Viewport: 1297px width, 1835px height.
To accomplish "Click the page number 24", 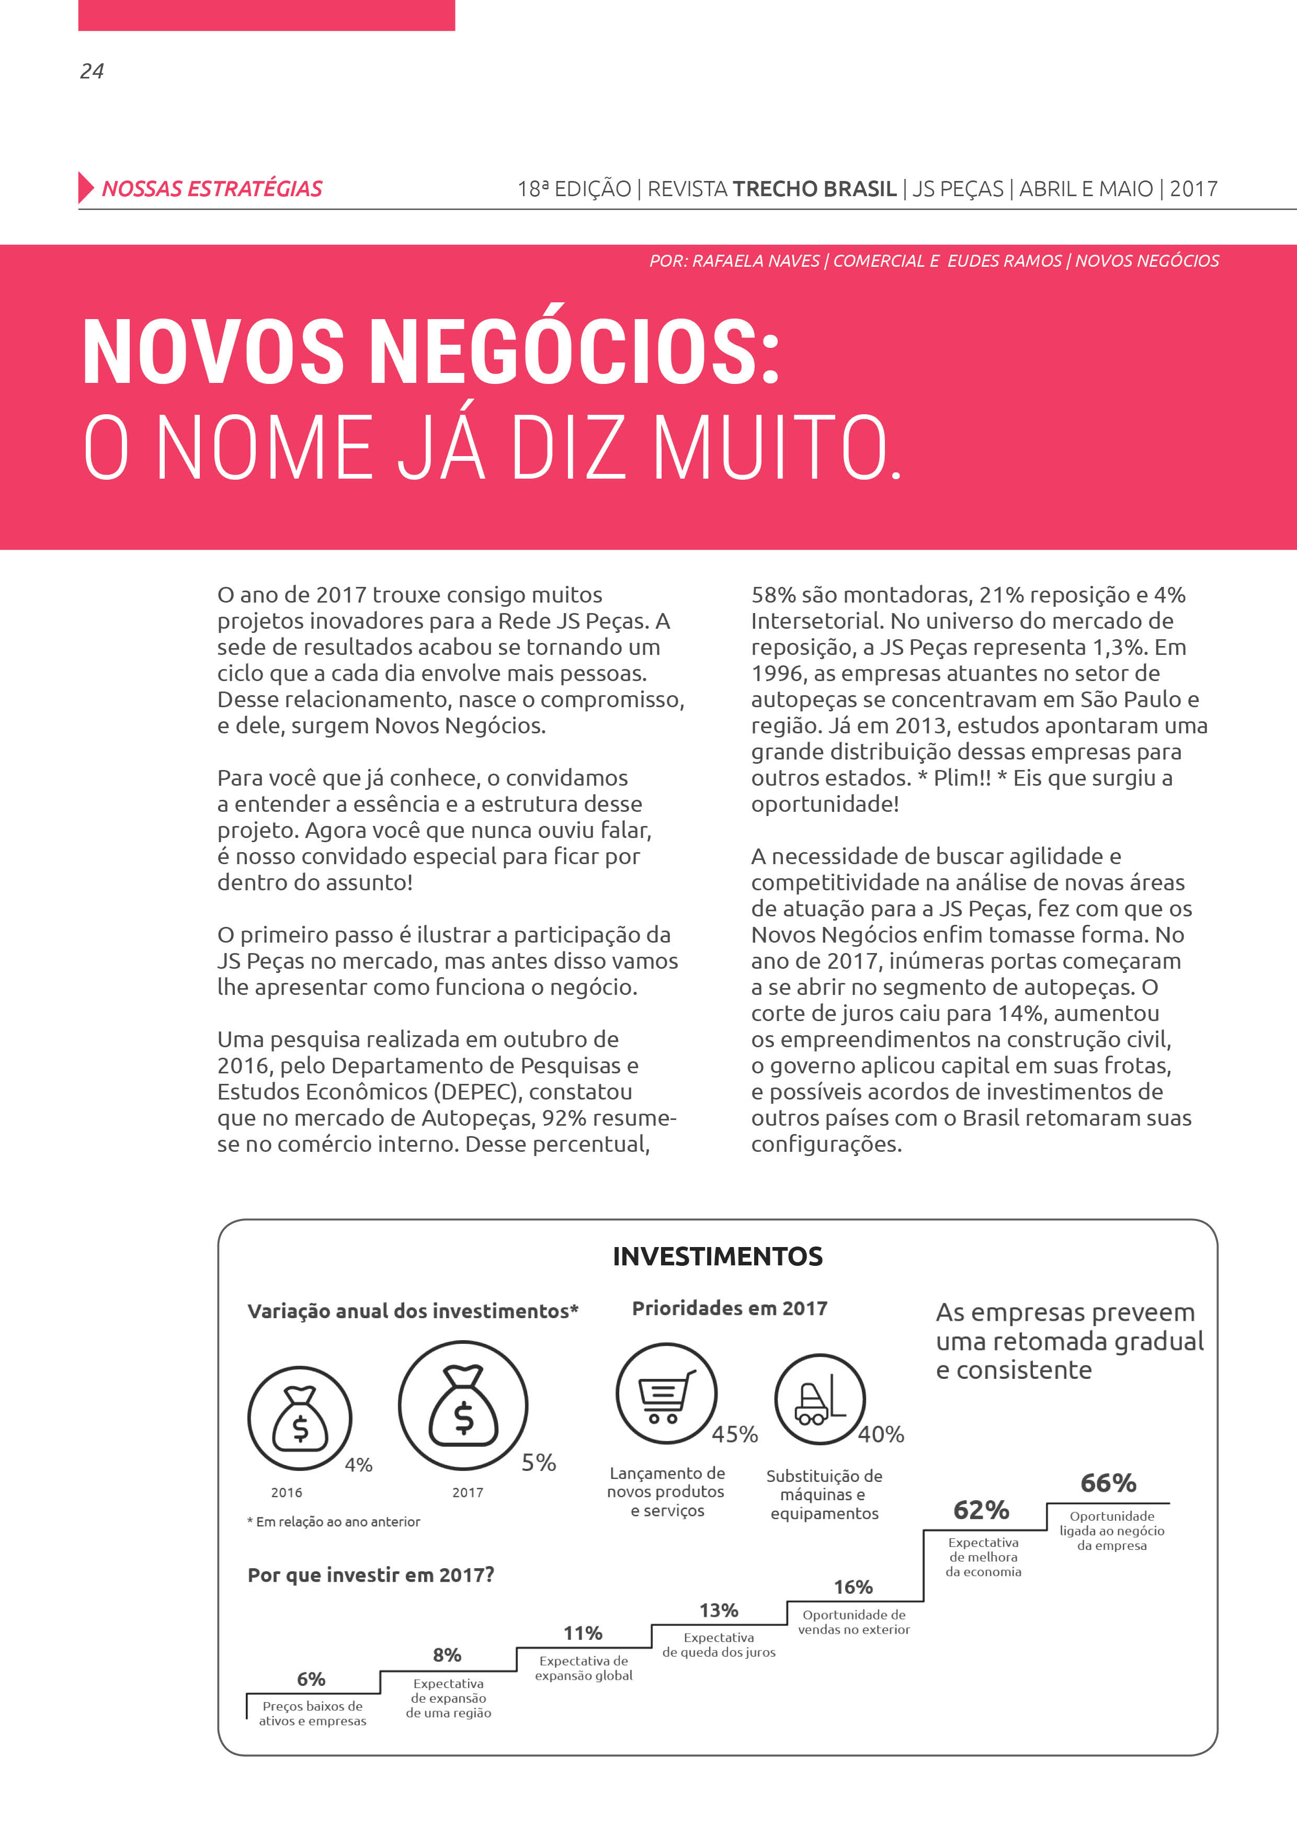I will point(92,71).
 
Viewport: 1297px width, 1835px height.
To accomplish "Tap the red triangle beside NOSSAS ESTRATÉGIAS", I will point(85,188).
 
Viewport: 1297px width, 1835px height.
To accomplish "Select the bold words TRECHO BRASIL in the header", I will point(814,189).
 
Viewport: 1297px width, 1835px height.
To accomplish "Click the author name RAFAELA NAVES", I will point(755,260).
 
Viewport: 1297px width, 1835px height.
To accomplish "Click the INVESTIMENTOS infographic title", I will point(717,1256).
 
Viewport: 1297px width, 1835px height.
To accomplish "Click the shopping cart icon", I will point(666,1393).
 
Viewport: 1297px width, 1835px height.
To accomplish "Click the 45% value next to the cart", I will point(734,1435).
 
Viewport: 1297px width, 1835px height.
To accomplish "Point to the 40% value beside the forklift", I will point(881,1435).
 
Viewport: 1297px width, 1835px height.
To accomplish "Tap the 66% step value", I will point(1108,1483).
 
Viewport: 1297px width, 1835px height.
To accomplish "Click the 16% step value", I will point(852,1587).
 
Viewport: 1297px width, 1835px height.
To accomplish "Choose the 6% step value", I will point(311,1679).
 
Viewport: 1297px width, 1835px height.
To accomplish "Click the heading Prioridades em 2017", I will point(729,1308).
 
